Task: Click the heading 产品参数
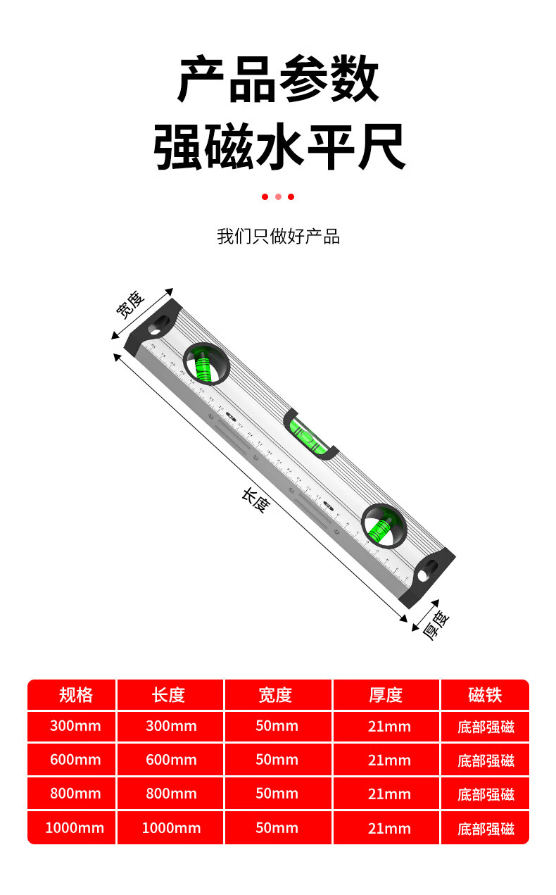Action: tap(278, 80)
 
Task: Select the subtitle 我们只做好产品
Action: tap(278, 237)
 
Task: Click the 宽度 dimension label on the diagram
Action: tap(131, 304)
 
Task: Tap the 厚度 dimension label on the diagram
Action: tap(436, 624)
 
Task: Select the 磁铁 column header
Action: tap(485, 695)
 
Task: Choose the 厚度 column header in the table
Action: tap(386, 695)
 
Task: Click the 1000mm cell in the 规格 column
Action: tap(75, 828)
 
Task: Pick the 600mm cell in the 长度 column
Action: tap(171, 760)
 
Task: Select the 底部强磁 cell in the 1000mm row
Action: tap(486, 829)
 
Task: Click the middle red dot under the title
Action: tap(278, 197)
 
